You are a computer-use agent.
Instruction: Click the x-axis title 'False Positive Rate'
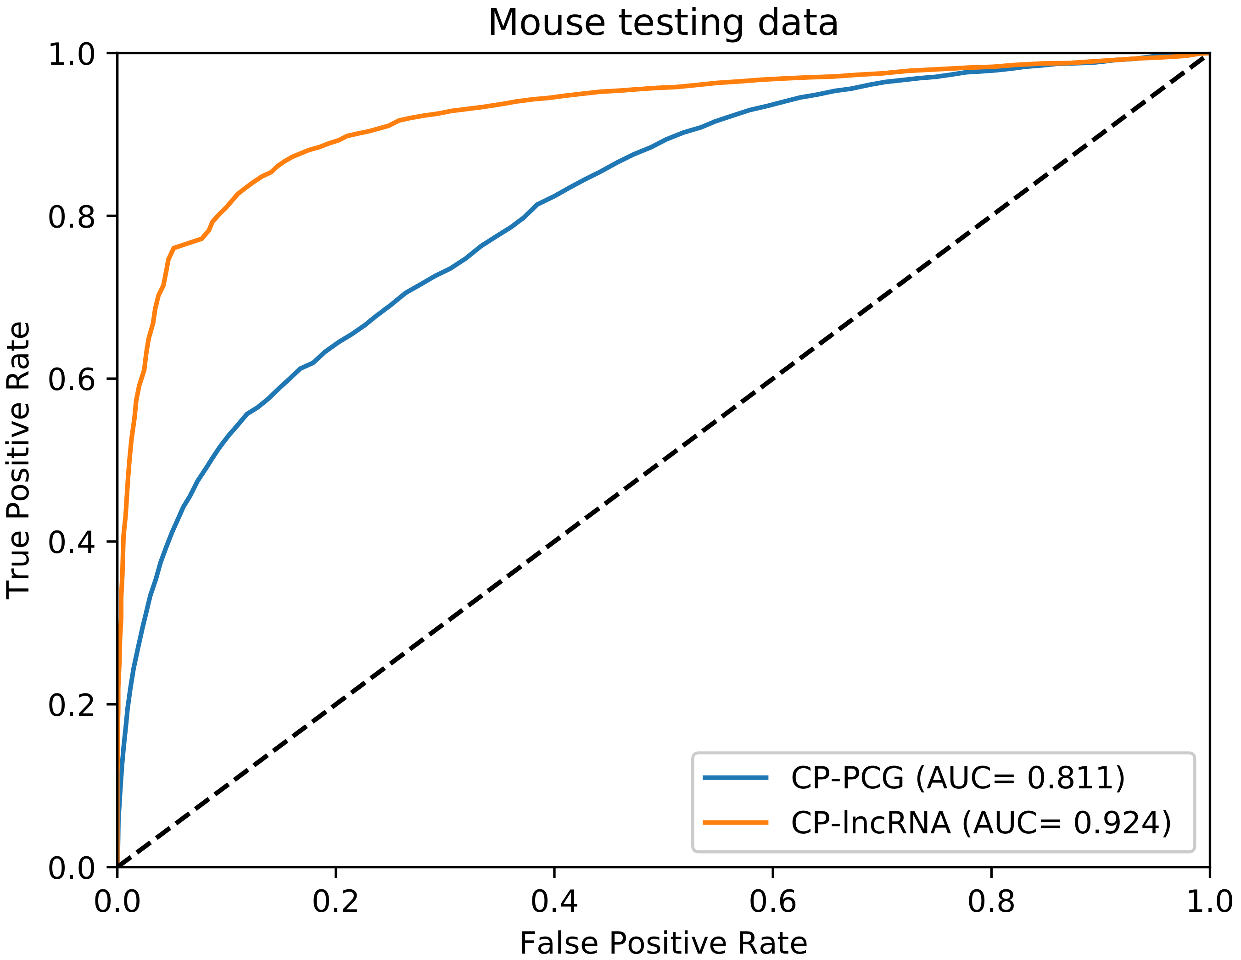pos(663,943)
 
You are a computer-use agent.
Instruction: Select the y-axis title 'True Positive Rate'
pos(18,460)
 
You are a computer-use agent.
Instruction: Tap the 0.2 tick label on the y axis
pos(71,705)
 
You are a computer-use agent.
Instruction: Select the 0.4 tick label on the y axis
pos(71,542)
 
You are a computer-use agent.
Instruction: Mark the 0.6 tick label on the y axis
pos(71,380)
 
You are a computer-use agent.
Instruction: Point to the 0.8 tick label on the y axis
pos(71,217)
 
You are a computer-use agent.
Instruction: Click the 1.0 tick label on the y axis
pos(71,55)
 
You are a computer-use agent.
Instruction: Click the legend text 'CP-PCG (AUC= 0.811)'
pos(958,778)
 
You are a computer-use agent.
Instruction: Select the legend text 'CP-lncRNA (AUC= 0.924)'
pos(981,822)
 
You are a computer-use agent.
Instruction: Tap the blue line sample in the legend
pos(735,778)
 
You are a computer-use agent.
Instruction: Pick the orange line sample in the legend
pos(735,822)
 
